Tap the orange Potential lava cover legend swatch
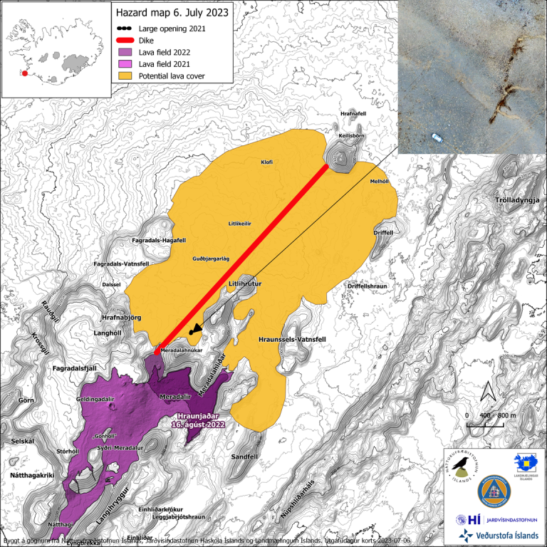point(131,75)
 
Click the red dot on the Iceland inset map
point(25,72)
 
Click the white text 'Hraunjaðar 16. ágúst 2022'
point(198,420)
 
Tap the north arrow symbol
point(488,392)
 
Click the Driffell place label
point(383,233)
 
